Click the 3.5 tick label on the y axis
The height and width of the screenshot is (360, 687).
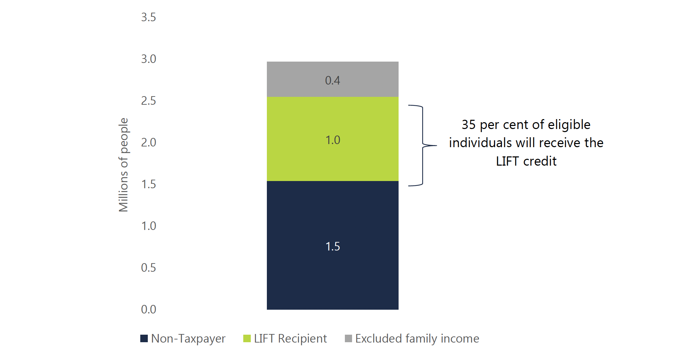pyautogui.click(x=148, y=17)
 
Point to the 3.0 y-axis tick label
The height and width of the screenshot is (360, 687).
pyautogui.click(x=148, y=59)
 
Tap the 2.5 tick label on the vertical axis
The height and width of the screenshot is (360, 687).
pyautogui.click(x=148, y=101)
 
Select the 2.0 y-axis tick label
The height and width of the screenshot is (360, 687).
pyautogui.click(x=148, y=142)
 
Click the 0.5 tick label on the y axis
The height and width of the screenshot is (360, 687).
pyautogui.click(x=148, y=268)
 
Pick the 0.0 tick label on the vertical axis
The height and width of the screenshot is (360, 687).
pyautogui.click(x=148, y=309)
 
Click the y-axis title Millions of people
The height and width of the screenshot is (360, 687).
pyautogui.click(x=124, y=165)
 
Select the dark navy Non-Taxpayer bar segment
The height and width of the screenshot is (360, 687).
pyautogui.click(x=333, y=274)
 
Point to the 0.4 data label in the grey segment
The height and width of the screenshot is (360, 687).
pyautogui.click(x=333, y=80)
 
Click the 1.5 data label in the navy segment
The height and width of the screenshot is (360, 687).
pyautogui.click(x=333, y=246)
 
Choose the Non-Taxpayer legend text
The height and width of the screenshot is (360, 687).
pyautogui.click(x=188, y=338)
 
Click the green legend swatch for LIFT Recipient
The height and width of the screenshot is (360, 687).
pyautogui.click(x=247, y=338)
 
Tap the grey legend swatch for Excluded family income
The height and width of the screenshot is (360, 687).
pyautogui.click(x=348, y=338)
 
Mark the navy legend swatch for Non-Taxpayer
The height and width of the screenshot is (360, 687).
pyautogui.click(x=144, y=338)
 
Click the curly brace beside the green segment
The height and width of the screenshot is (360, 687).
pyautogui.click(x=423, y=145)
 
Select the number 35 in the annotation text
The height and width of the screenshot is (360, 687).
pyautogui.click(x=469, y=125)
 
